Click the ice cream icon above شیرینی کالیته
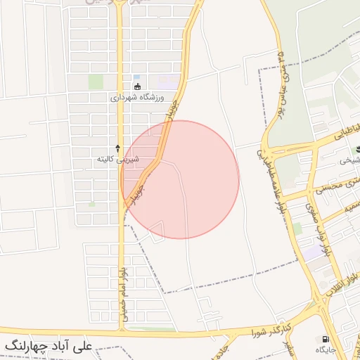click(117, 148)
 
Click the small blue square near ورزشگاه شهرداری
click(136, 77)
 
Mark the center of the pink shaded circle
click(180, 179)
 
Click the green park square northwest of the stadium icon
click(96, 82)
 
